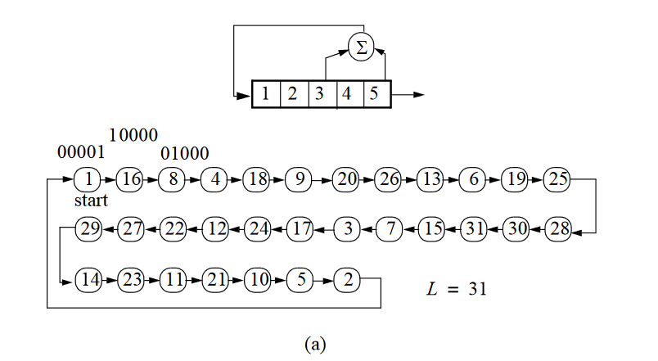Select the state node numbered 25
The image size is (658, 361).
557,178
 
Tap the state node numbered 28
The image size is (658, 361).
557,229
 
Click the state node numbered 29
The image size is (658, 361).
88,229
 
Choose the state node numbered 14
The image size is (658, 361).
88,280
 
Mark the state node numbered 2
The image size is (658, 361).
347,280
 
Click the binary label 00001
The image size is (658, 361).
80,152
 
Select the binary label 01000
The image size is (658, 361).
184,153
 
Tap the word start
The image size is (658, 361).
90,201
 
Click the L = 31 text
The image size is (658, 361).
457,288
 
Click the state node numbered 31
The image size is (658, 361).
473,229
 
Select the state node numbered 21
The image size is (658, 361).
215,280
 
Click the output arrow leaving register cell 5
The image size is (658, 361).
408,95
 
